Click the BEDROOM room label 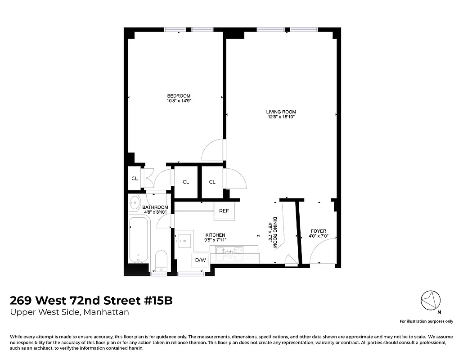point(179,96)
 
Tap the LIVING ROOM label point(281,112)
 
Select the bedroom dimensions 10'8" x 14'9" point(179,101)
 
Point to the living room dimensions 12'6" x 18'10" point(281,117)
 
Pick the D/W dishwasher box point(200,260)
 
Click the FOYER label point(318,231)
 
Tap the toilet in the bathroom point(160,261)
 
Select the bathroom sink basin point(134,202)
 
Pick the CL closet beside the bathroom point(135,178)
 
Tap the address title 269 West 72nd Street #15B point(91,300)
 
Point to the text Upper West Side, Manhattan point(69,312)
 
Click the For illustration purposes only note point(427,321)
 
